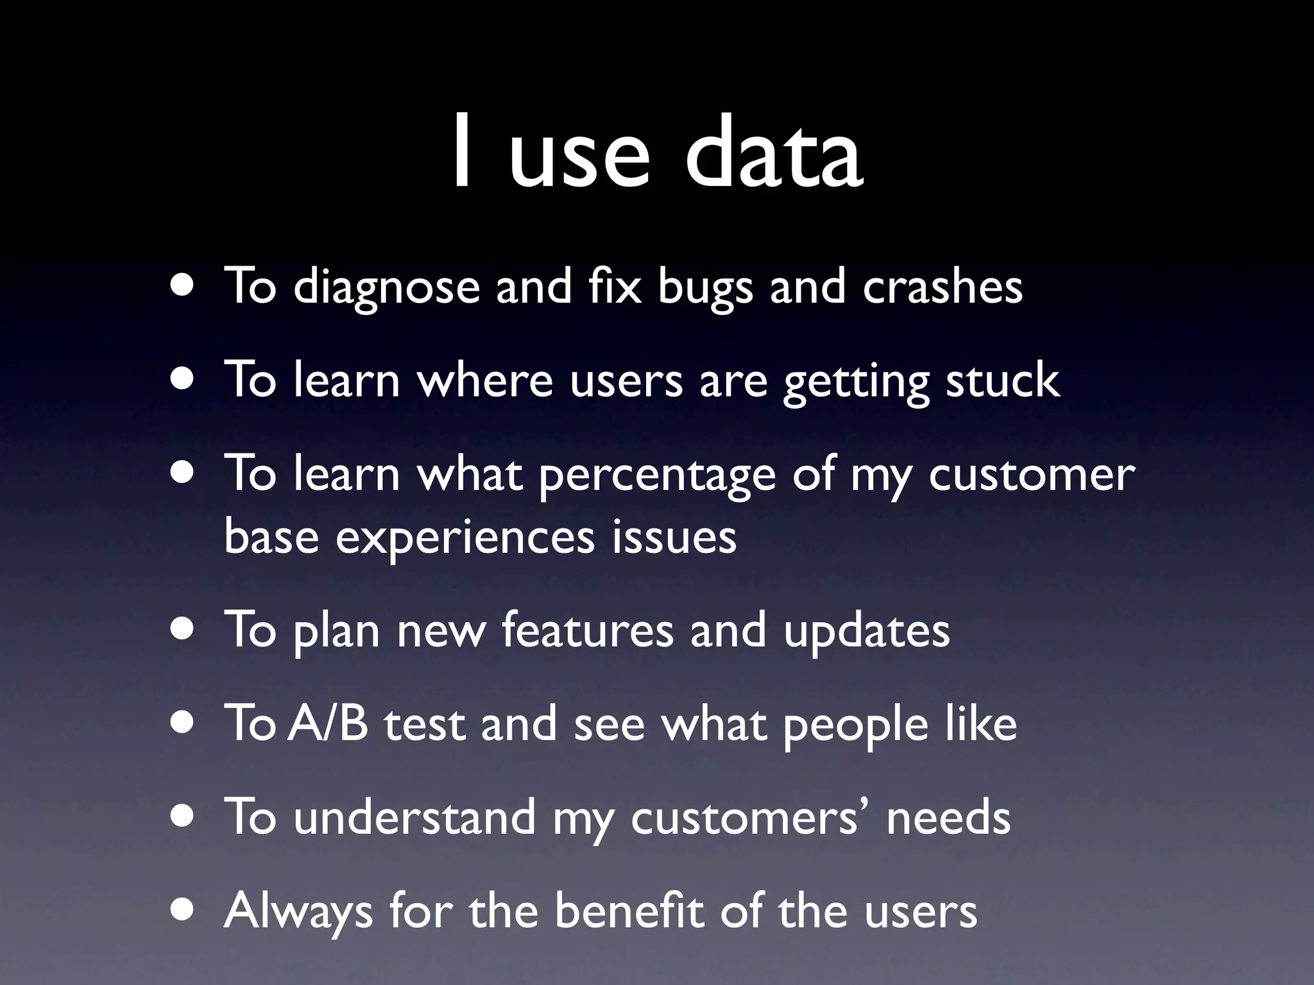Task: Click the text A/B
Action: [328, 723]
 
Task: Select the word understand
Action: [414, 817]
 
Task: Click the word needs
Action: [948, 817]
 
